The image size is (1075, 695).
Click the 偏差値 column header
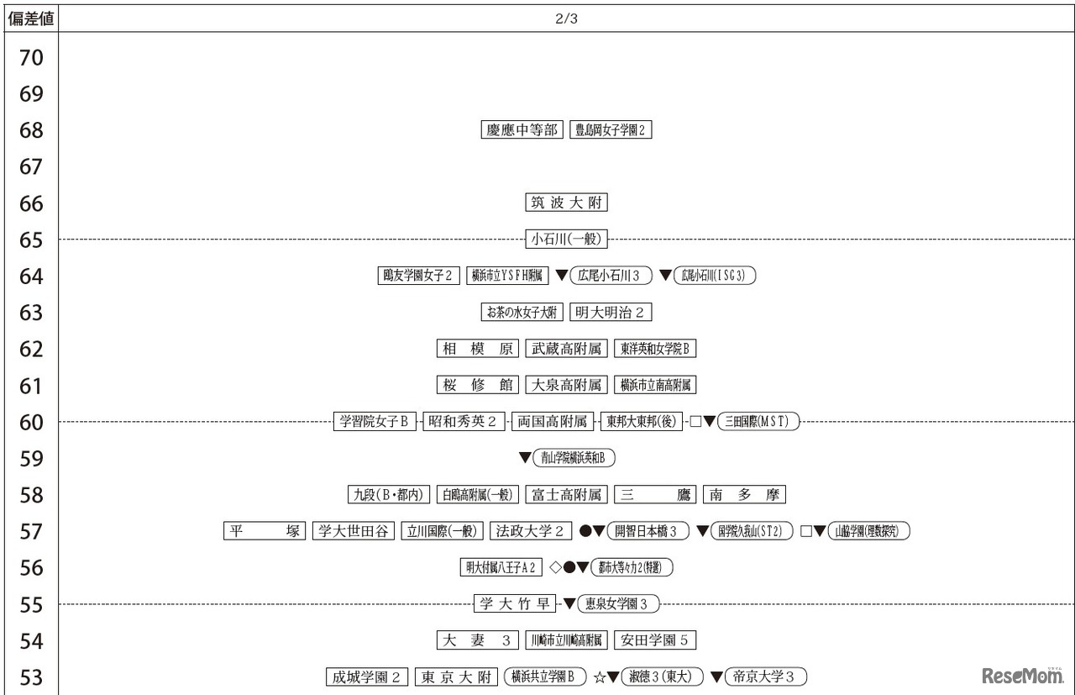pos(31,18)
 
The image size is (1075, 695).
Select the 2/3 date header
pos(566,18)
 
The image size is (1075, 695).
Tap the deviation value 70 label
pos(31,58)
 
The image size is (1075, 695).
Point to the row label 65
pos(31,240)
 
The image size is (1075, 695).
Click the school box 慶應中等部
pos(522,129)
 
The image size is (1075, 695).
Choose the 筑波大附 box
pos(566,203)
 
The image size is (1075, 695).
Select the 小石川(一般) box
pos(566,240)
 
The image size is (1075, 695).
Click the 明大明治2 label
pos(611,313)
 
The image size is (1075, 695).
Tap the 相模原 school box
pos(477,349)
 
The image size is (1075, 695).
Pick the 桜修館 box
pos(477,386)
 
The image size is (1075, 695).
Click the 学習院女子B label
pos(375,422)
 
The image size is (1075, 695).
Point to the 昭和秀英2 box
pos(464,422)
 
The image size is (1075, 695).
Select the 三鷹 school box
pos(655,495)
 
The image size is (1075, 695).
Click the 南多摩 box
pos(744,495)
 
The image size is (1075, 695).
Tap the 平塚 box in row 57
pos(265,531)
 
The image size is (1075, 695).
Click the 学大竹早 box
pos(515,604)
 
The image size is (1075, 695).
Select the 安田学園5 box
pos(655,640)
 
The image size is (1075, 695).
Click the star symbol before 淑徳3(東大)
pos(600,677)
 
